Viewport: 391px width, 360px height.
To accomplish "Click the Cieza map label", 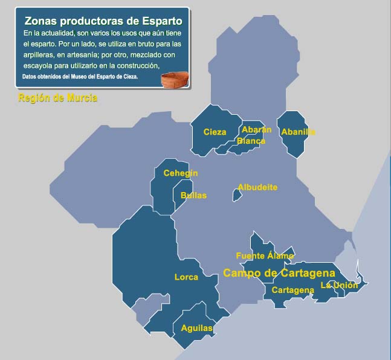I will [x=215, y=132].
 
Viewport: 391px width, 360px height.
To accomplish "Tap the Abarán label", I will [x=256, y=129].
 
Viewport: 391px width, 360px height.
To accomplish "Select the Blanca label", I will [x=251, y=141].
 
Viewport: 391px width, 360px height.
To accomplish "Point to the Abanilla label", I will [x=299, y=132].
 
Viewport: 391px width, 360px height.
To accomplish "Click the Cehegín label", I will [x=181, y=173].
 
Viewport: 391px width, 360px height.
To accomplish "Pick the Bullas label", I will [x=193, y=195].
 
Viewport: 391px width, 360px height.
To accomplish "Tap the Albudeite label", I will [x=257, y=187].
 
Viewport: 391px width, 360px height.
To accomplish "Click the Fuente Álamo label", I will [x=265, y=256].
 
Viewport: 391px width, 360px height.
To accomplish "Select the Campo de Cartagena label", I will [x=279, y=273].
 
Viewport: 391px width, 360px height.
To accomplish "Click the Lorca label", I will [x=186, y=277].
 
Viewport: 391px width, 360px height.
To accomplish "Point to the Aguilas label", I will [x=197, y=328].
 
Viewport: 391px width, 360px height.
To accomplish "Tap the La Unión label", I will [x=339, y=285].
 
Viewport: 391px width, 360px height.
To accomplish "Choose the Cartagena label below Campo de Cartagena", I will [x=292, y=290].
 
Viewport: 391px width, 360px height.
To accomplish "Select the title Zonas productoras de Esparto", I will [x=104, y=20].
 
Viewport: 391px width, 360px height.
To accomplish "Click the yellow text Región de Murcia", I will [x=58, y=98].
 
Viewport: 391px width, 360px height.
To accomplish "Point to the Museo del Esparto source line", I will [x=80, y=77].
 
